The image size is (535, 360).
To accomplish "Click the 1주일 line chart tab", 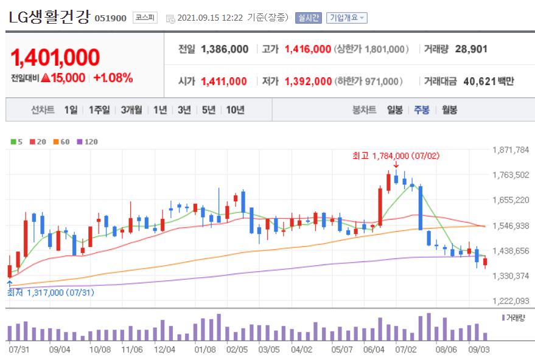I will (x=99, y=110).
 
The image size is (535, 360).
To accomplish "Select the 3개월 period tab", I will (x=131, y=110).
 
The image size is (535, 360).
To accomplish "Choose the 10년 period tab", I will (x=235, y=110).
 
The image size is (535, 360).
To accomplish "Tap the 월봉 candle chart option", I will (x=450, y=110).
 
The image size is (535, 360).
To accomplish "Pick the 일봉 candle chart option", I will (x=394, y=110).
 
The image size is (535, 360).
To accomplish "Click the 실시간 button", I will (x=308, y=18).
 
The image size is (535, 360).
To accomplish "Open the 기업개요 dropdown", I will (x=346, y=18).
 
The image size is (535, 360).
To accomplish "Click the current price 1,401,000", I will (x=55, y=57).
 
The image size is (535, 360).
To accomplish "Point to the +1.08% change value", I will (x=113, y=78).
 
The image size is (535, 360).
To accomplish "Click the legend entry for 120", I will (x=88, y=142).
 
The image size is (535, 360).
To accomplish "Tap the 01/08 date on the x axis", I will (x=205, y=350).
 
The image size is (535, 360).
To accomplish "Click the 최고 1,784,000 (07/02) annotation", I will (x=396, y=156).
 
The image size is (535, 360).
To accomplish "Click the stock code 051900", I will (x=110, y=18).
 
